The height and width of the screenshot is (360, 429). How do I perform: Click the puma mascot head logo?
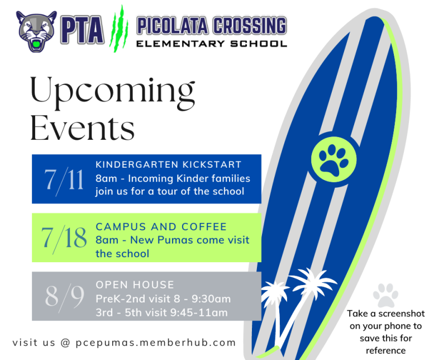click(x=36, y=31)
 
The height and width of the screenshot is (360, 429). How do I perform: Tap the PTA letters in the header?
click(x=82, y=30)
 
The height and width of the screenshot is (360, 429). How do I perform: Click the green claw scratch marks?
click(x=119, y=29)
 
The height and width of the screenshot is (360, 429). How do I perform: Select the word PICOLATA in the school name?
click(x=173, y=26)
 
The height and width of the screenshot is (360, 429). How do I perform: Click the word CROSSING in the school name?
click(x=250, y=26)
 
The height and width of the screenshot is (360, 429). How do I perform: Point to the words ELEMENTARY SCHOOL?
click(x=212, y=44)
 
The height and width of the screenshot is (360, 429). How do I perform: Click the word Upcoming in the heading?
click(x=113, y=93)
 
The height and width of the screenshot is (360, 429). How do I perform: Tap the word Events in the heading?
click(x=82, y=127)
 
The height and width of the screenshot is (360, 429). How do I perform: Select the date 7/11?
click(x=64, y=180)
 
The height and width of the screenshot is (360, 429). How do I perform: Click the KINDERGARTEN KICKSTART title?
click(x=169, y=164)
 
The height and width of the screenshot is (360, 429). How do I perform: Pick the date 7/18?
click(x=64, y=238)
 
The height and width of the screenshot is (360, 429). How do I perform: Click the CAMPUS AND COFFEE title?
click(x=161, y=227)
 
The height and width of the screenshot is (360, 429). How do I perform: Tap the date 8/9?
click(x=65, y=296)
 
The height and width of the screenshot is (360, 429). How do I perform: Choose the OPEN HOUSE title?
click(x=135, y=285)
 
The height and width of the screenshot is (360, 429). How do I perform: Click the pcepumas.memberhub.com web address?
click(x=156, y=343)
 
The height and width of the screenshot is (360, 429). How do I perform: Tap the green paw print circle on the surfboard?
click(x=334, y=160)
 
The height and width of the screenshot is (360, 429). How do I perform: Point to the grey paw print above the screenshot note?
click(x=385, y=295)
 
